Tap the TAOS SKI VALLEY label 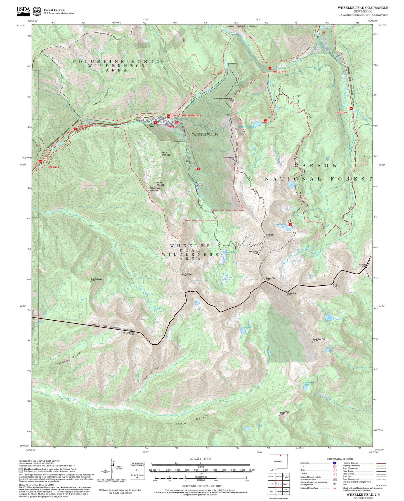[x=205, y=134]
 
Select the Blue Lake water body [x=329, y=318]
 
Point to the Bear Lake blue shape [x=243, y=331]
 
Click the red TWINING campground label [x=172, y=127]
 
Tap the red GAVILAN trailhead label [x=83, y=126]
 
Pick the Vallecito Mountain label [x=128, y=333]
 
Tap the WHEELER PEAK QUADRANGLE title [x=363, y=8]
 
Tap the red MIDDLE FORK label [x=279, y=72]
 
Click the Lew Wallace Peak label [x=319, y=340]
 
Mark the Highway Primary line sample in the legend [x=381, y=463]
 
